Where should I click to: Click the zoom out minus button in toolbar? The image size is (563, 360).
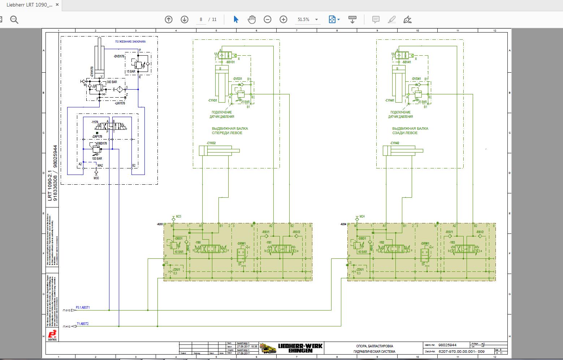pyautogui.click(x=267, y=20)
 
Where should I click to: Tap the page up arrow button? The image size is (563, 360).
pyautogui.click(x=169, y=20)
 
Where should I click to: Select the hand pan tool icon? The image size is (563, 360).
pyautogui.click(x=252, y=20)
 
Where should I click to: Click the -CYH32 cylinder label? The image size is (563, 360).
pyautogui.click(x=211, y=143)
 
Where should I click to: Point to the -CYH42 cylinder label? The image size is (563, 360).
pyautogui.click(x=394, y=143)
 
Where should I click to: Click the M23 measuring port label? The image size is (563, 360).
pyautogui.click(x=178, y=217)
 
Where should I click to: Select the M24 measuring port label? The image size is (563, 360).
pyautogui.click(x=362, y=217)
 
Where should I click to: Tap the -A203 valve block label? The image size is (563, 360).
pyautogui.click(x=160, y=224)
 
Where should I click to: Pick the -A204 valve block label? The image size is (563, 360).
pyautogui.click(x=343, y=224)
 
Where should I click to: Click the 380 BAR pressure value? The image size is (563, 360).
pyautogui.click(x=112, y=82)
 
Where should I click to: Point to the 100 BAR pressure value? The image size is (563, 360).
pyautogui.click(x=97, y=159)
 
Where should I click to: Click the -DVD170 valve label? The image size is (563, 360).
pyautogui.click(x=119, y=56)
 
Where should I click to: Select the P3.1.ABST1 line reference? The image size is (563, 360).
pyautogui.click(x=83, y=308)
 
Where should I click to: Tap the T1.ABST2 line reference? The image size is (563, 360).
pyautogui.click(x=82, y=324)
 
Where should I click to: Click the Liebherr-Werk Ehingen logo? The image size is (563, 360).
pyautogui.click(x=291, y=348)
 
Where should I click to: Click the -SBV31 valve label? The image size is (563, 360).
pyautogui.click(x=230, y=62)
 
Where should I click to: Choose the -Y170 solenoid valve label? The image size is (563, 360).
pyautogui.click(x=95, y=122)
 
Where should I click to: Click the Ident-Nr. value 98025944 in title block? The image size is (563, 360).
pyautogui.click(x=447, y=345)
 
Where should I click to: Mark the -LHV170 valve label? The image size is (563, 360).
pyautogui.click(x=120, y=103)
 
